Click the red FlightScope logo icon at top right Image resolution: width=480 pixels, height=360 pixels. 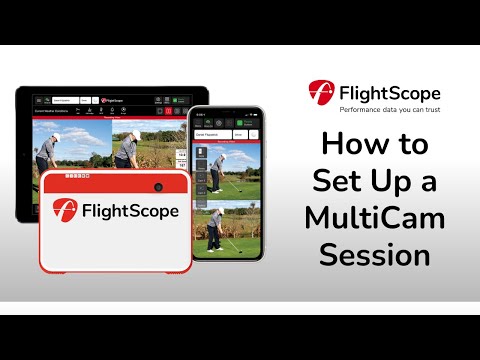tap(321, 93)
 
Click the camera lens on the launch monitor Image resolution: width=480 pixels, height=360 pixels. tap(158, 187)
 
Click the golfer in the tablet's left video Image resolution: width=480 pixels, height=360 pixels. tap(46, 150)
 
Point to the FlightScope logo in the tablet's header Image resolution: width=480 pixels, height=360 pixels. tap(111, 100)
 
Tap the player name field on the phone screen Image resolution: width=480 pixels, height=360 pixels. tap(211, 133)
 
